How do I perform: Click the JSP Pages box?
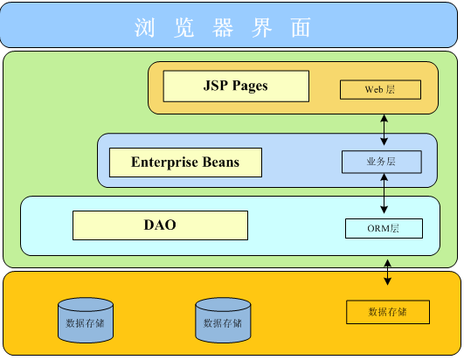236,87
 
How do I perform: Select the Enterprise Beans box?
185,163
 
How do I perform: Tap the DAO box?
160,225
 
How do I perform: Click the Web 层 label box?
380,89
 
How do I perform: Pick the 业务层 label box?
382,162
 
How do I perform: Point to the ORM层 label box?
384,228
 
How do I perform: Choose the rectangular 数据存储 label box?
388,312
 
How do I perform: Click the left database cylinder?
86,321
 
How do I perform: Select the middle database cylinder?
223,321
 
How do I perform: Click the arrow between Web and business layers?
384,130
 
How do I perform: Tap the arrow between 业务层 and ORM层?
384,193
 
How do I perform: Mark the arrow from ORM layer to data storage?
388,272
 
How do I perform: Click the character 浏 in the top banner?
144,27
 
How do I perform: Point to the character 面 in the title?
301,27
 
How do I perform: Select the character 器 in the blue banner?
223,27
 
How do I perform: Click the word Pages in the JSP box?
250,87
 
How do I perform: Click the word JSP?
216,85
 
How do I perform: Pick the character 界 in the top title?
261,27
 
